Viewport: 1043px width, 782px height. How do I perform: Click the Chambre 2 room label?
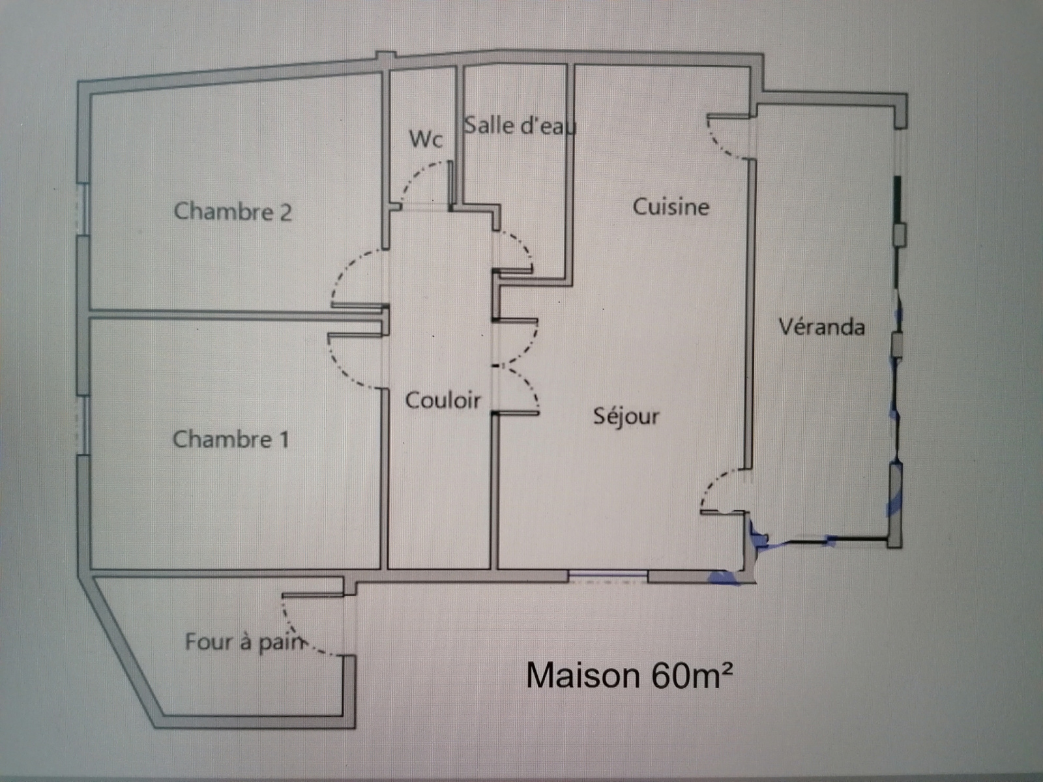pyautogui.click(x=233, y=211)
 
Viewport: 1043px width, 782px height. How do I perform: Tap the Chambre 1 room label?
pyautogui.click(x=230, y=439)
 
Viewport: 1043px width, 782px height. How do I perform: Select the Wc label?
pyautogui.click(x=426, y=139)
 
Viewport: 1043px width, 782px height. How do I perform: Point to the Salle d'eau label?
pyautogui.click(x=520, y=125)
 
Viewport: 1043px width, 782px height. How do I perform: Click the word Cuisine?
pyautogui.click(x=671, y=207)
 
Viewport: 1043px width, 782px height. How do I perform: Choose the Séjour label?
pyautogui.click(x=626, y=416)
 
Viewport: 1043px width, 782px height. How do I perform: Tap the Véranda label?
pyautogui.click(x=821, y=326)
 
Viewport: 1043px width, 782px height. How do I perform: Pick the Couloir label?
pyautogui.click(x=443, y=399)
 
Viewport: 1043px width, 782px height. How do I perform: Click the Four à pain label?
pyautogui.click(x=245, y=642)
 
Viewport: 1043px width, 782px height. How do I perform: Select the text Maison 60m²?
pyautogui.click(x=629, y=675)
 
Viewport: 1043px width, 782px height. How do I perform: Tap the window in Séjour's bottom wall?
pyautogui.click(x=608, y=575)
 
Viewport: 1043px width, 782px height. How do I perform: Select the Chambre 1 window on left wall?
pyautogui.click(x=83, y=425)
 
